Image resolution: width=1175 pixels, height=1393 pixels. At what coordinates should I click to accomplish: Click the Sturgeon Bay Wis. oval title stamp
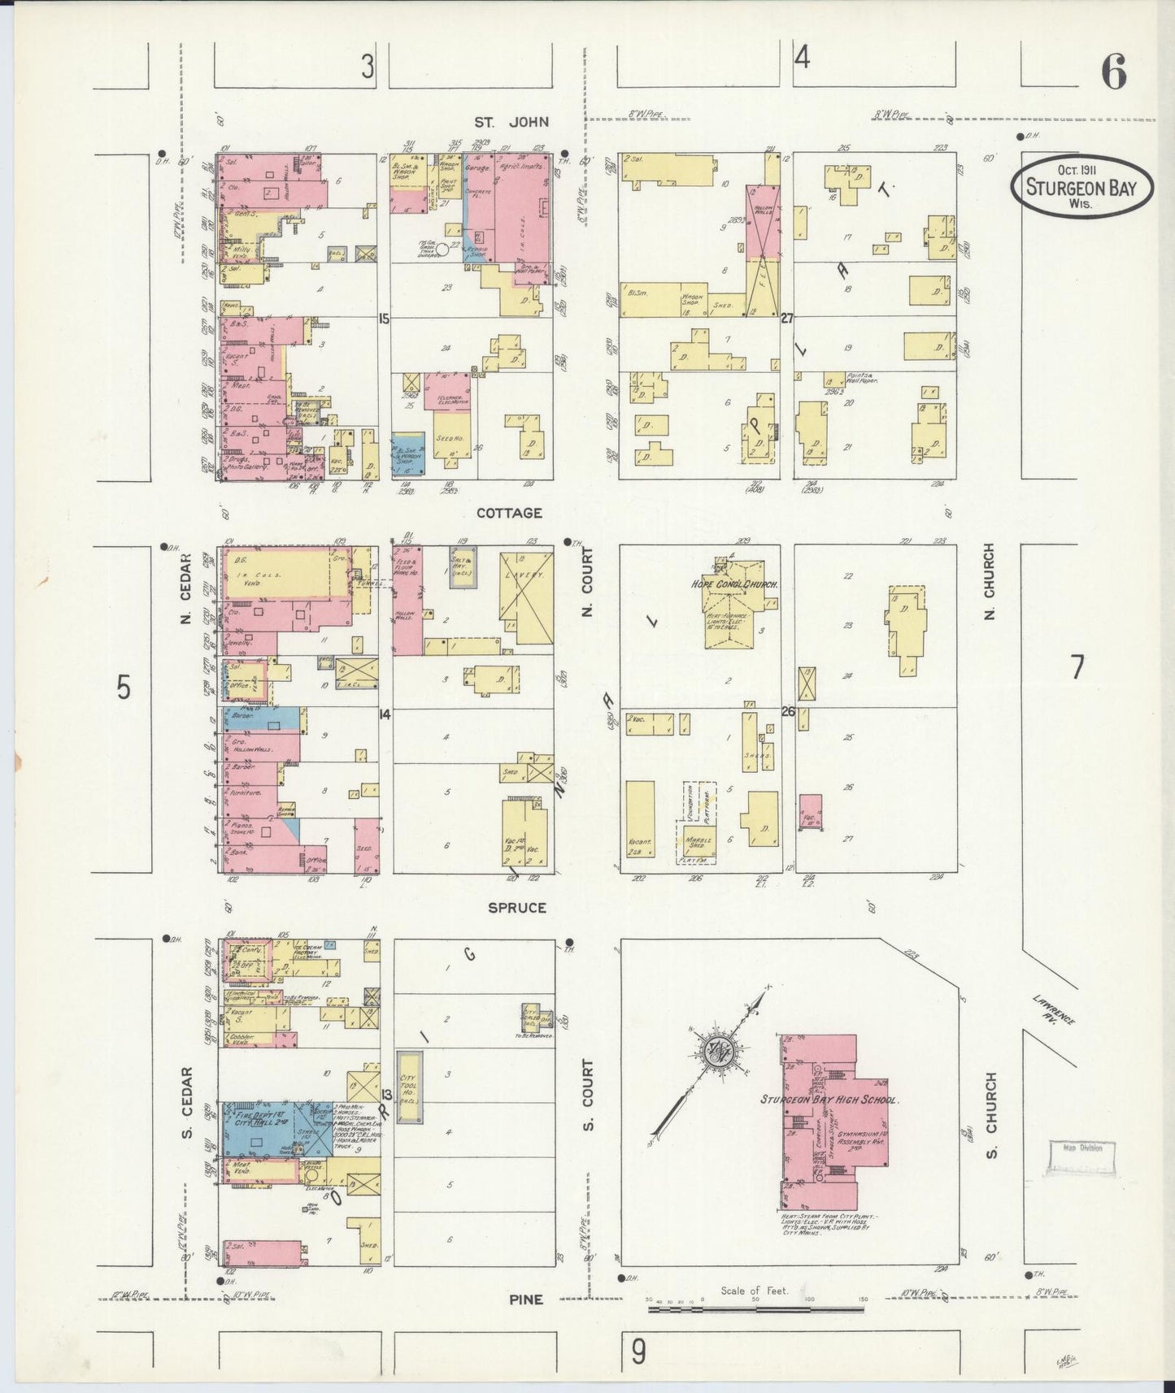click(x=1081, y=186)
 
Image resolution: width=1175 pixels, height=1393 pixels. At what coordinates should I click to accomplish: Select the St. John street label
click(x=511, y=122)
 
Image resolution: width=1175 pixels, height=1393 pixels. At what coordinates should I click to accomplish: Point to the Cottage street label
click(x=509, y=513)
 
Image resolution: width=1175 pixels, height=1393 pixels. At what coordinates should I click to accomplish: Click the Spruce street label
click(x=516, y=907)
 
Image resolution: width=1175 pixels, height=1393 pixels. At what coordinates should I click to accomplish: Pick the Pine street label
click(x=525, y=1300)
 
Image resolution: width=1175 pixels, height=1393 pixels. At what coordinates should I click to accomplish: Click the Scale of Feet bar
click(x=756, y=1308)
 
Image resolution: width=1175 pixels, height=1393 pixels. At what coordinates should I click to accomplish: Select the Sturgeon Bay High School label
click(x=829, y=1100)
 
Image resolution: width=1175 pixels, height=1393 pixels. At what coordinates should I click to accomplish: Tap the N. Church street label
click(x=990, y=581)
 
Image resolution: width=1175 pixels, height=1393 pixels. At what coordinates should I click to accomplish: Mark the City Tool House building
click(x=409, y=1087)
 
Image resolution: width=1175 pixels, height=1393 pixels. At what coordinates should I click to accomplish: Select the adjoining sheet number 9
click(x=639, y=1352)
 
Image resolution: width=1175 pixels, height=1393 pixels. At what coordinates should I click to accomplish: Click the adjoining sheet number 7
click(x=1077, y=667)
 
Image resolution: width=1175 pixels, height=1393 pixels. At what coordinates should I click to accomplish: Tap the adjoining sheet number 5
click(x=123, y=688)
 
